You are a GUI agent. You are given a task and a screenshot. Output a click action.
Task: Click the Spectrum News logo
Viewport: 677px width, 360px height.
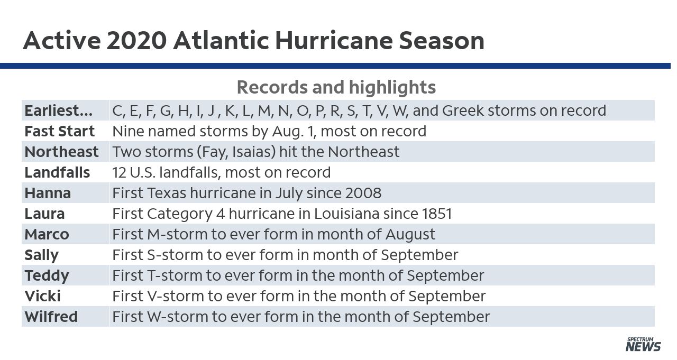(643, 344)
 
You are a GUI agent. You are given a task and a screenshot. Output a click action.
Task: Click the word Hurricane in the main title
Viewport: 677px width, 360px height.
(334, 41)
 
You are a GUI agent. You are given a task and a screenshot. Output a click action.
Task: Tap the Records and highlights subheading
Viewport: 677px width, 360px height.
(336, 87)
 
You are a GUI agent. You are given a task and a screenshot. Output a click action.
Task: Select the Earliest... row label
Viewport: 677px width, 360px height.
(58, 110)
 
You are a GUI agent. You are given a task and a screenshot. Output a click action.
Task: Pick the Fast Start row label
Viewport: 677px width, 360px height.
(60, 131)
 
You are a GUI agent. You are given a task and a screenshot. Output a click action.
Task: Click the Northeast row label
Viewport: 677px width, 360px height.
(61, 152)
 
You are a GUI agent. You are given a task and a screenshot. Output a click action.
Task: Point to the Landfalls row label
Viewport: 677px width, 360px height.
(57, 172)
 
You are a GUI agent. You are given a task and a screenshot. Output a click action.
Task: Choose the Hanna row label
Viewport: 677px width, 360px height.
(48, 193)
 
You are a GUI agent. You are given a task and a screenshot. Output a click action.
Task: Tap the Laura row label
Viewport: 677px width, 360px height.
(45, 214)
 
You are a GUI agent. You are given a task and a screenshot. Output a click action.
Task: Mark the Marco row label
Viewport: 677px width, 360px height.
(47, 234)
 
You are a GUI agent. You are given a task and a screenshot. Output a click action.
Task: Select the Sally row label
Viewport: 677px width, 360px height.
(41, 255)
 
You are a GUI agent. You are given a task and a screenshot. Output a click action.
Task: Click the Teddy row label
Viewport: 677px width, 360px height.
(47, 276)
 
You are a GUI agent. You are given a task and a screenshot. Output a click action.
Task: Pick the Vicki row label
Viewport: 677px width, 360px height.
(43, 296)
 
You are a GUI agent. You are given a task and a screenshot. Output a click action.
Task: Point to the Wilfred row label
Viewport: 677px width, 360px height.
(51, 317)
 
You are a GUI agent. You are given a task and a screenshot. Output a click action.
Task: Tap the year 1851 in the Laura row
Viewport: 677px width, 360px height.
(437, 214)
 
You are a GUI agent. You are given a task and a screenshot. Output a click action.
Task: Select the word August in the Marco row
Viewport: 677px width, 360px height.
(410, 235)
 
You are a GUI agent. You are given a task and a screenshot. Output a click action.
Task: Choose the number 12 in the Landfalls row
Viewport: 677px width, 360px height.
(119, 172)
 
